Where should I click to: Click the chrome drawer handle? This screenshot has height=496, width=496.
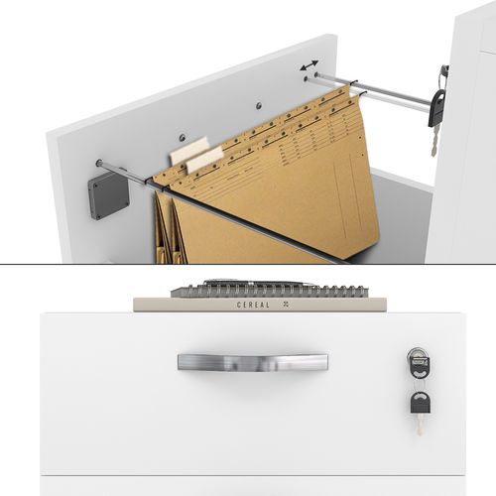(252, 361)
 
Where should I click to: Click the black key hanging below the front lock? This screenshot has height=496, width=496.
(420, 403)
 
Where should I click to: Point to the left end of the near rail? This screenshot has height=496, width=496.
(100, 164)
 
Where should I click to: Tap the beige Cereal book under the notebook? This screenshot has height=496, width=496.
(198, 305)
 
